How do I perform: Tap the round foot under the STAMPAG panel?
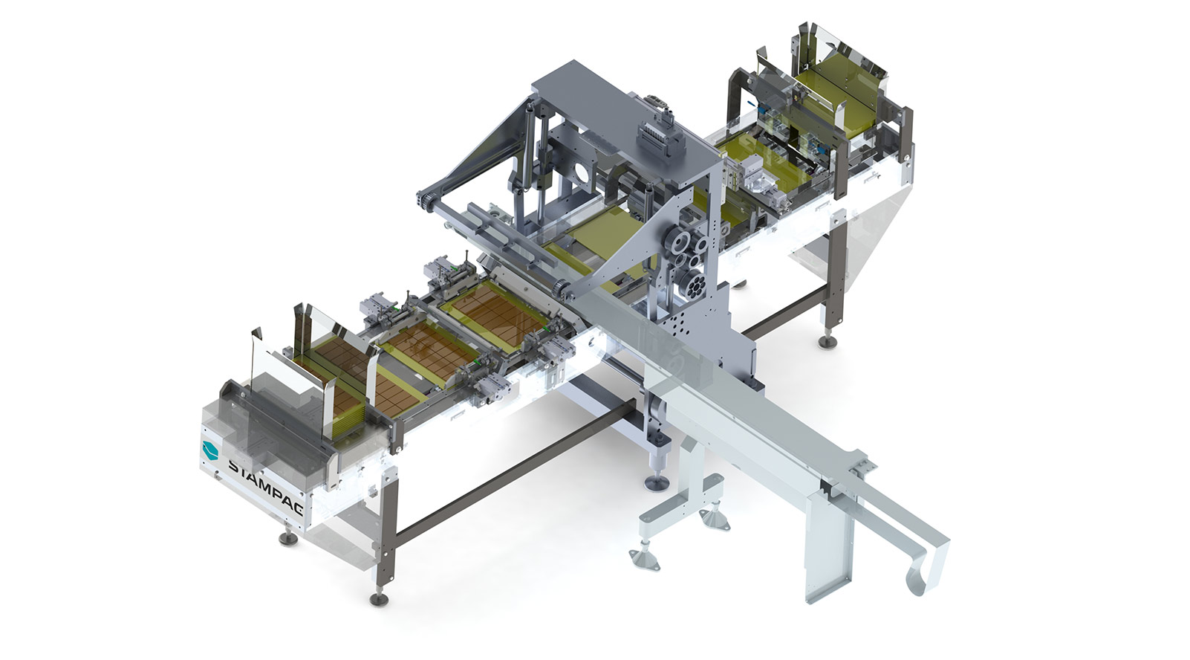[287, 539]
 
